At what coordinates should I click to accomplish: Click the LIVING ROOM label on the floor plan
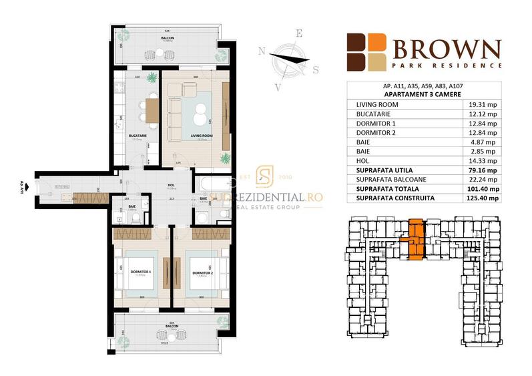201,136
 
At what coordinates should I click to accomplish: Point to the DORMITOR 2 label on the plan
202,272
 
